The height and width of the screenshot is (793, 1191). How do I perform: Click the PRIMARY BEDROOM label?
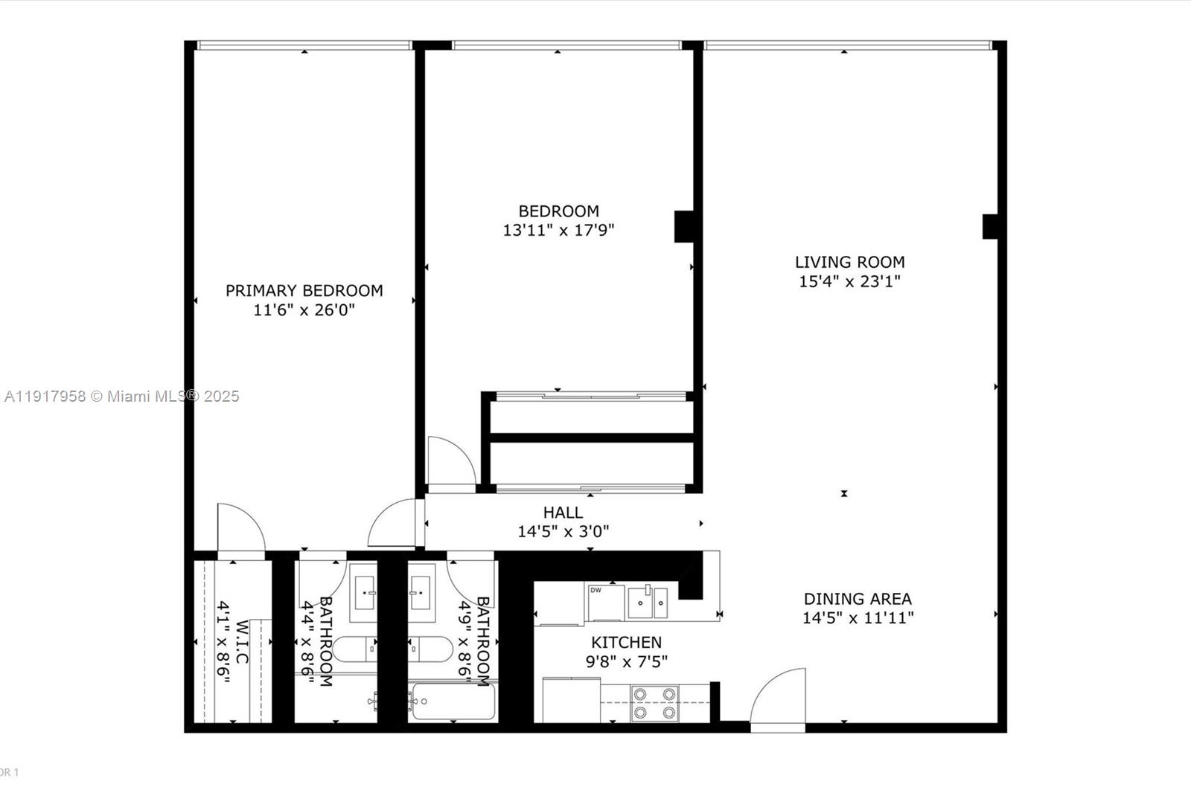click(304, 291)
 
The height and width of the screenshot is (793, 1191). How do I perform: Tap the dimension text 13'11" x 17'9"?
click(558, 231)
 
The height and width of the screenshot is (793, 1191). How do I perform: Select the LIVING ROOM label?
click(849, 262)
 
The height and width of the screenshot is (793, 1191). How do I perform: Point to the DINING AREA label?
click(858, 599)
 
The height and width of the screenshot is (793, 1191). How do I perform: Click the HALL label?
click(563, 513)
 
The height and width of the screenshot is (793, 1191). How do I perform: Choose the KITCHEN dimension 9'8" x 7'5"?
click(626, 661)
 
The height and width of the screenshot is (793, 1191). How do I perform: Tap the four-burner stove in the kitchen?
click(654, 703)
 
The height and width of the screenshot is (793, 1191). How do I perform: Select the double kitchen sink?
click(648, 602)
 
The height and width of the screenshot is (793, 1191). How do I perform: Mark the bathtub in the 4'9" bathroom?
click(453, 701)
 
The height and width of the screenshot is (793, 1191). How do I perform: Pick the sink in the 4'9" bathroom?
click(422, 592)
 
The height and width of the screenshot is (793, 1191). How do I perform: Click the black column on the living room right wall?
click(990, 226)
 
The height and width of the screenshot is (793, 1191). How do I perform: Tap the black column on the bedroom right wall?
click(684, 226)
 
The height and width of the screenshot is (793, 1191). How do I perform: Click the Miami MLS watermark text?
click(121, 396)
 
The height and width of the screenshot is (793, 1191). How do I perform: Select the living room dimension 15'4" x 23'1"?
click(849, 281)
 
